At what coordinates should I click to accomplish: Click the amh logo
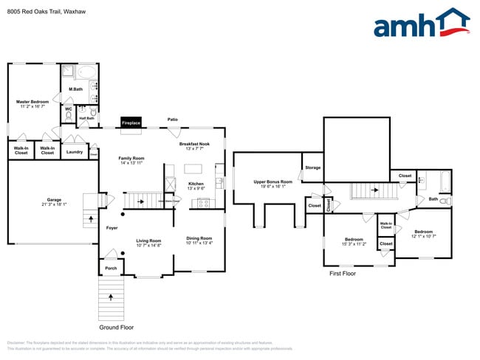click(x=421, y=23)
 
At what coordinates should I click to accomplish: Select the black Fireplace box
click(x=131, y=122)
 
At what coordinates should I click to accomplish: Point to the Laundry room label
click(x=75, y=152)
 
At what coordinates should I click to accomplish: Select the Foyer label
click(x=112, y=228)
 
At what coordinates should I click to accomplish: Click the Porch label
click(x=111, y=269)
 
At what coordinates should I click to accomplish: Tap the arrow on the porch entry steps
click(x=112, y=297)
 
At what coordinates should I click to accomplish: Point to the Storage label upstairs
click(x=313, y=167)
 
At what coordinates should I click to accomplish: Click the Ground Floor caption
click(x=116, y=327)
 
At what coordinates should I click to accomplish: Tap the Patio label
click(x=172, y=119)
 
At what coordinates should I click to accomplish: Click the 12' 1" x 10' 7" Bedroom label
click(x=423, y=233)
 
